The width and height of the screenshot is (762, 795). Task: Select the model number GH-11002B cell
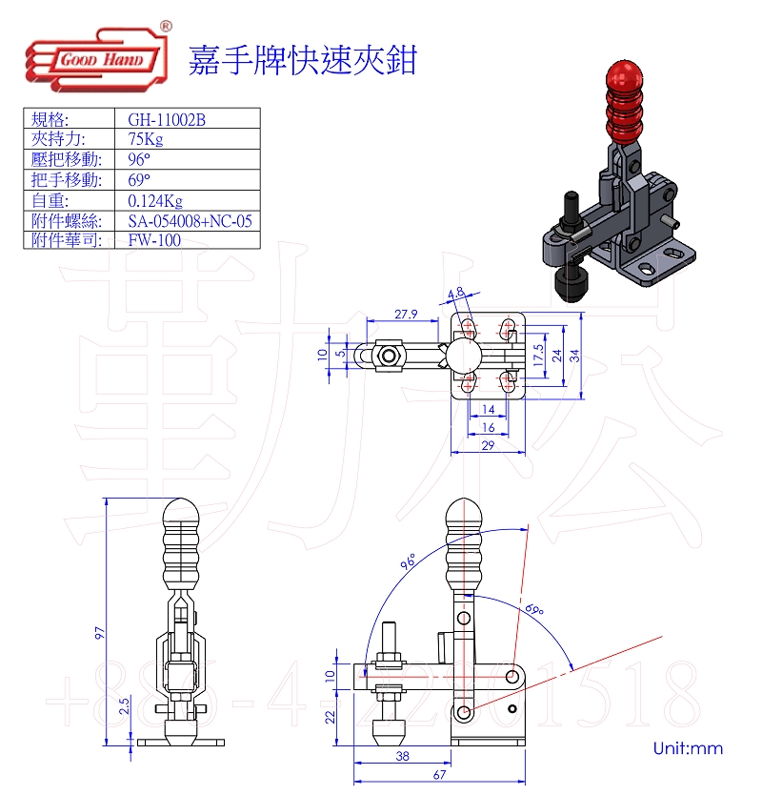pos(167,120)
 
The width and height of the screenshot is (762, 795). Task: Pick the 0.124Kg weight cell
pos(154,200)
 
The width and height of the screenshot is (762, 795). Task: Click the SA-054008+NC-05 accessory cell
pos(190,220)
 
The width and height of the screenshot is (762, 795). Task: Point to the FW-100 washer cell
pos(154,240)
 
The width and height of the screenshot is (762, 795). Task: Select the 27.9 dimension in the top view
pos(405,315)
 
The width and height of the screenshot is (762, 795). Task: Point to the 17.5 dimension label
pos(539,357)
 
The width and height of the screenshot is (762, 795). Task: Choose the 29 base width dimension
pos(488,444)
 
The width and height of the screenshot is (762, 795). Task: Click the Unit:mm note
pos(688,748)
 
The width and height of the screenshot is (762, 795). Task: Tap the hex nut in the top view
pos(389,357)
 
